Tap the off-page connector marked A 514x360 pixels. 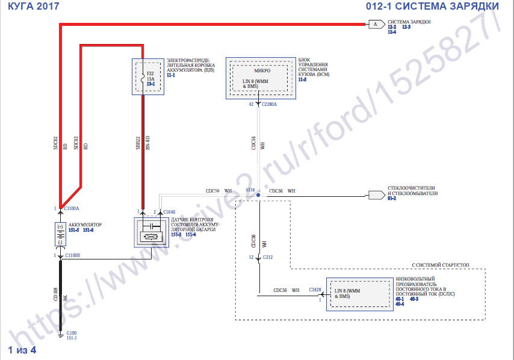[x=376, y=24]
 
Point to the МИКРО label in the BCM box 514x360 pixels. [x=262, y=70]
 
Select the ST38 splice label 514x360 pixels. [x=250, y=190]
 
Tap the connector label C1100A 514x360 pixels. [x=72, y=208]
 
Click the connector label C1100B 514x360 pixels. [x=72, y=256]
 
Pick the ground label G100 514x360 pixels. [x=71, y=332]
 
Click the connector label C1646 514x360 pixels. [x=169, y=212]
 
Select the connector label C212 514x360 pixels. [x=268, y=258]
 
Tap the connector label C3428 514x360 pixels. [x=315, y=290]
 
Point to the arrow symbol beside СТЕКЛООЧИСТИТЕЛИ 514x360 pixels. [x=376, y=195]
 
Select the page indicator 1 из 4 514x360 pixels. [x=22, y=350]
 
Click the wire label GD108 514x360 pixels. [x=55, y=294]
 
